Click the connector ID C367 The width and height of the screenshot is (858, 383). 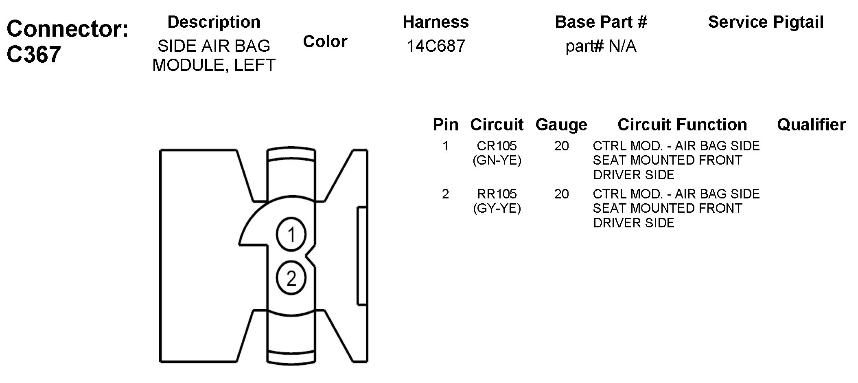(x=34, y=54)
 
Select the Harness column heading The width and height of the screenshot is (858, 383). (x=436, y=22)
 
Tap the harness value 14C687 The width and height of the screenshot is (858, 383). (x=436, y=46)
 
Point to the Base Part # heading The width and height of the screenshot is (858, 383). (x=601, y=22)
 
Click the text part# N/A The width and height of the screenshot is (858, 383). (x=601, y=46)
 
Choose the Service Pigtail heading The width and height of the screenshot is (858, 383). (x=766, y=22)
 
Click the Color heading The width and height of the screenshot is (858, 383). (x=325, y=42)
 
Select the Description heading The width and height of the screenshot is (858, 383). (x=214, y=22)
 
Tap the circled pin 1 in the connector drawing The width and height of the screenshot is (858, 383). (x=291, y=235)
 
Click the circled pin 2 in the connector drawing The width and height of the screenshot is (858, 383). (x=291, y=279)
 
